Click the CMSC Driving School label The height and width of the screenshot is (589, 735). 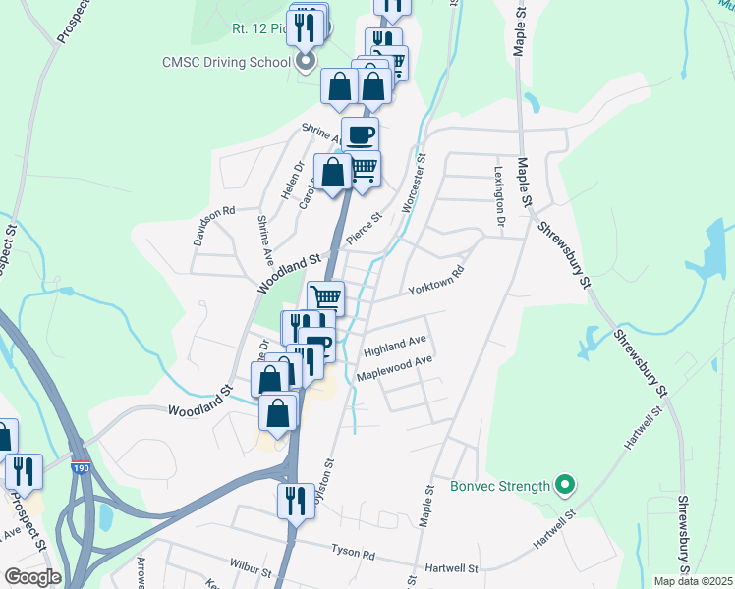226,62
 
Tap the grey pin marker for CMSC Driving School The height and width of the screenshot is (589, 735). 306,63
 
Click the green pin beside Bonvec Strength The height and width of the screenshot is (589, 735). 564,485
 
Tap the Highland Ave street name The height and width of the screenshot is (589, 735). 394,345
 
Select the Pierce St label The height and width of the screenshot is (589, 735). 363,233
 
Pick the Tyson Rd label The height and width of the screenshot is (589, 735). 354,555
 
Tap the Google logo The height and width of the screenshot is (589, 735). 31,577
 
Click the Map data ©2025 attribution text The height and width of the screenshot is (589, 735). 692,581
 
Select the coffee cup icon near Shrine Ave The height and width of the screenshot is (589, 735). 360,134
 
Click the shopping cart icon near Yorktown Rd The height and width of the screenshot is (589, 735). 326,296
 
